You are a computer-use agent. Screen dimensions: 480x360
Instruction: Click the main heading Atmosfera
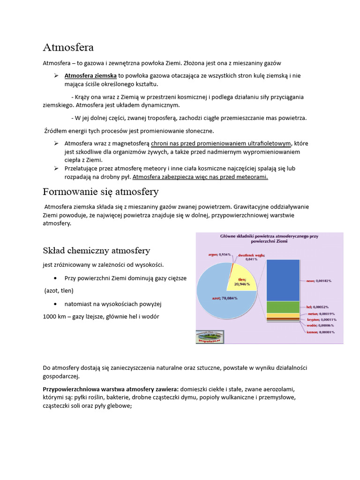pyautogui.click(x=68, y=47)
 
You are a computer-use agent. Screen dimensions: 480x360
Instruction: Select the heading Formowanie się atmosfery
pyautogui.click(x=100, y=192)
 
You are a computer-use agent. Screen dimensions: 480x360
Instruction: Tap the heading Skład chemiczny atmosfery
pyautogui.click(x=97, y=250)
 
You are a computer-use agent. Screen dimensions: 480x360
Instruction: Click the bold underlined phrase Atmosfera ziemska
pyautogui.click(x=90, y=75)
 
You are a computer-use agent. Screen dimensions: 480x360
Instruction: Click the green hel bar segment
pyautogui.click(x=283, y=307)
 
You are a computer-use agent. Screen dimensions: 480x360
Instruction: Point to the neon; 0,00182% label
pyautogui.click(x=319, y=281)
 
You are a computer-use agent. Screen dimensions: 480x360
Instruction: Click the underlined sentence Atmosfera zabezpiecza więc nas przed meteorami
pyautogui.click(x=200, y=177)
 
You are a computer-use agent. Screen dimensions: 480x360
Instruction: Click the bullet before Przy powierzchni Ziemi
pyautogui.click(x=56, y=278)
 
